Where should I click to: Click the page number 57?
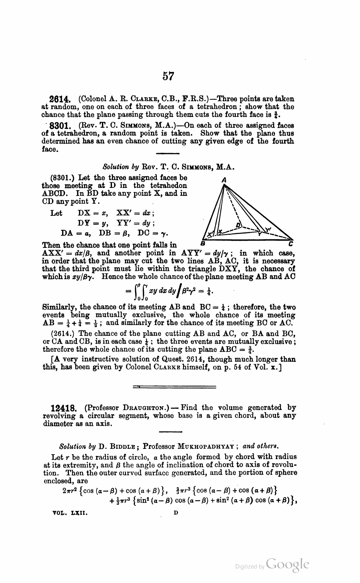pyautogui.click(x=168, y=76)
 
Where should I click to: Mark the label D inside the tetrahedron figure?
pyautogui.click(x=237, y=225)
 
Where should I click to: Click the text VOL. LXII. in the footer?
pyautogui.click(x=70, y=513)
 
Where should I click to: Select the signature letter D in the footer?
pyautogui.click(x=176, y=513)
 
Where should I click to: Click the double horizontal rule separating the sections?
pyautogui.click(x=174, y=387)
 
